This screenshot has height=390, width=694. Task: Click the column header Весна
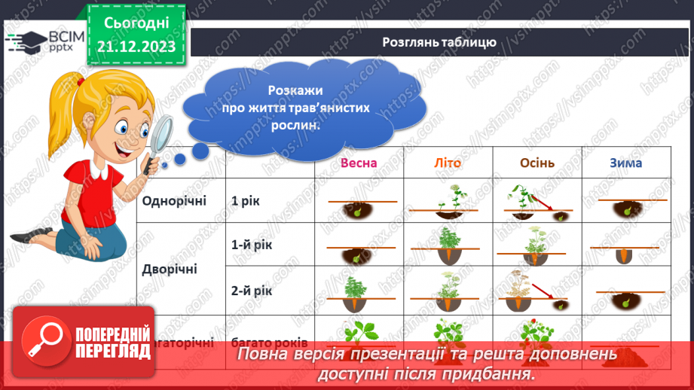click(358, 163)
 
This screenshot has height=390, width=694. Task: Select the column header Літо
click(448, 163)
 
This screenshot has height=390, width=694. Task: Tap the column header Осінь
click(537, 163)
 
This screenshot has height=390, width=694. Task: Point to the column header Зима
click(626, 163)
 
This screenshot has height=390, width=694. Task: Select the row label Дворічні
click(170, 268)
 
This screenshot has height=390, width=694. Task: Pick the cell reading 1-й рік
click(249, 245)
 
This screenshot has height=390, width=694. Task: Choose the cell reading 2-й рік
click(249, 289)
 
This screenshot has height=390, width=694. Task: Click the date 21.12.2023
click(136, 47)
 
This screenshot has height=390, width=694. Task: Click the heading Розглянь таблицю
click(439, 42)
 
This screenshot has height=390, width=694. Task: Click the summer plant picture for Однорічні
click(448, 202)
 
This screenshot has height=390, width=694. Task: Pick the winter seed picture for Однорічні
click(627, 206)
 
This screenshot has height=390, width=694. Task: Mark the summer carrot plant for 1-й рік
click(448, 245)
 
